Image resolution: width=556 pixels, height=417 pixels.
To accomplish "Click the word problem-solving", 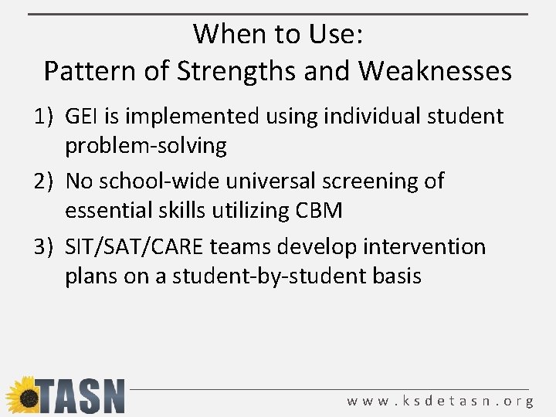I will point(146,145).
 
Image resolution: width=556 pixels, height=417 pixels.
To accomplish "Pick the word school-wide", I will point(158,181).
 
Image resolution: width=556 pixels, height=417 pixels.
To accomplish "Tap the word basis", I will point(394,275).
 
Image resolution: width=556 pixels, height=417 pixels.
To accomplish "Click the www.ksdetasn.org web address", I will point(440,401).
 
